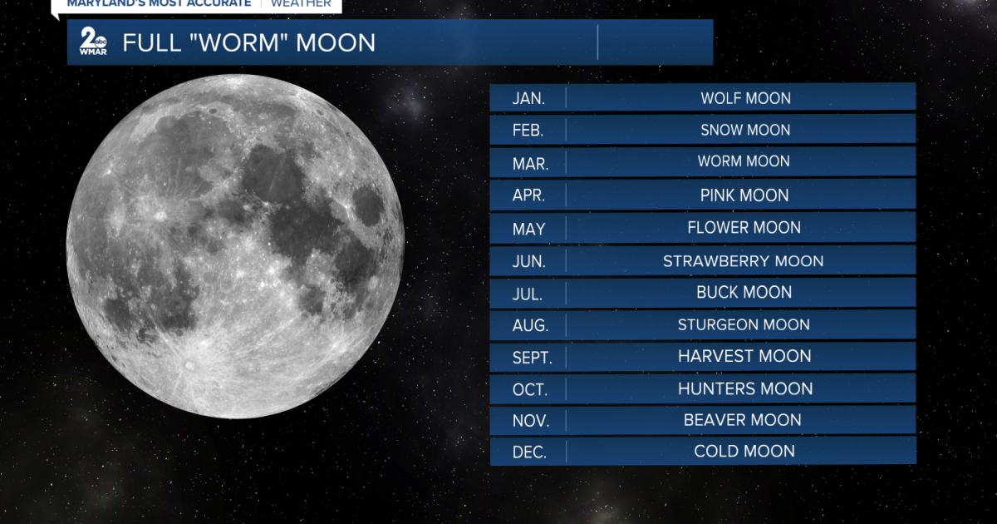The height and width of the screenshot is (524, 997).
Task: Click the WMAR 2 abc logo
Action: click(x=93, y=41)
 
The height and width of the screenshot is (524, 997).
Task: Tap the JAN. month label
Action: click(x=528, y=98)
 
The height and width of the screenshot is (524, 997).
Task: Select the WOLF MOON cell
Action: click(x=746, y=98)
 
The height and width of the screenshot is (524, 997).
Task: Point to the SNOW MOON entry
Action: click(x=745, y=130)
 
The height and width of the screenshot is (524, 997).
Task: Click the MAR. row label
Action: click(x=530, y=164)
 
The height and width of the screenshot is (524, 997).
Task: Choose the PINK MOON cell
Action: click(x=744, y=195)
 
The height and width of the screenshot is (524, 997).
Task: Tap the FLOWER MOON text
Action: click(x=744, y=228)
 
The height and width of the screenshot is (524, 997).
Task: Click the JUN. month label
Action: click(x=528, y=261)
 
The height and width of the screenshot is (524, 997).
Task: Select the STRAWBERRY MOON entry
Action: click(x=744, y=261)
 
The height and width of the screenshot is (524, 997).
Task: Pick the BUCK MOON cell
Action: click(x=744, y=292)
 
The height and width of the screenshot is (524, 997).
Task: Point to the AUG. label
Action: click(x=530, y=325)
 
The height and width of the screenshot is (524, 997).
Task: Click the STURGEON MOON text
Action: click(x=744, y=325)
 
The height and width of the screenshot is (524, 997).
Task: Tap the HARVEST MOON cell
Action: click(x=744, y=356)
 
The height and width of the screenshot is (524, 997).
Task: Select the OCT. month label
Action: click(x=530, y=390)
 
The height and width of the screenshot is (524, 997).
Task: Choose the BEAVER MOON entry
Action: click(x=743, y=420)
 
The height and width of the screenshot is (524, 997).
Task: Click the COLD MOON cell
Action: click(x=744, y=452)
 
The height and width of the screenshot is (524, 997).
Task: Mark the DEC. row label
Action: click(x=529, y=452)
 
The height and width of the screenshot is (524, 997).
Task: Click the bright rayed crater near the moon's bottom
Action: click(x=190, y=366)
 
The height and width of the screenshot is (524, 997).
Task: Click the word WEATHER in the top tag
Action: click(x=301, y=3)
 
